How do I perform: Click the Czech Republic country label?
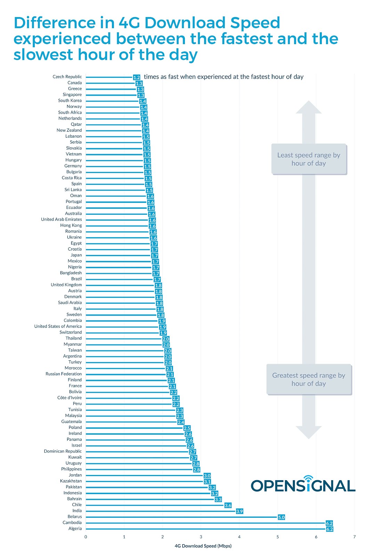pos(67,77)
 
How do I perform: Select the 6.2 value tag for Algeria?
pos(329,529)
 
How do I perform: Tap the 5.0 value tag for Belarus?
pos(281,517)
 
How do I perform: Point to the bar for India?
pos(160,511)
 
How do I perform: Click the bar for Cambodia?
pos(205,523)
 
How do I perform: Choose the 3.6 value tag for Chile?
pos(228,506)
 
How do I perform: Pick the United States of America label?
pos(58,326)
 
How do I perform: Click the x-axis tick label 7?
pos(355,537)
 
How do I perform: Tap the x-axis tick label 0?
pos(86,537)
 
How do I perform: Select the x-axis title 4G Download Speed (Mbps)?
pos(203,546)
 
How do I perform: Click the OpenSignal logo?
pos(303,485)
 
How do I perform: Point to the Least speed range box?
pos(309,159)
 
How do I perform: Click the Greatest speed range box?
pos(309,379)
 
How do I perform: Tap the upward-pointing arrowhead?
pos(309,107)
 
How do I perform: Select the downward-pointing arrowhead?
pos(309,432)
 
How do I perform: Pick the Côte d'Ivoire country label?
pos(70,398)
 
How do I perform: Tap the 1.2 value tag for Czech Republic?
pos(137,77)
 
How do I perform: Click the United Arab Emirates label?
pos(61,220)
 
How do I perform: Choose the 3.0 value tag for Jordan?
pos(207,476)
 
